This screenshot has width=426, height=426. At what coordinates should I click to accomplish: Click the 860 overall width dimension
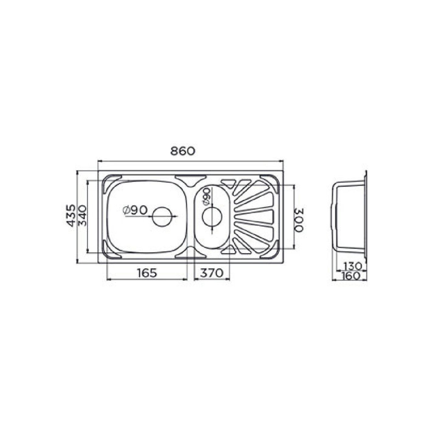pos(183,151)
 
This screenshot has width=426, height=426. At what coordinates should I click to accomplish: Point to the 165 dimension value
pos(147,273)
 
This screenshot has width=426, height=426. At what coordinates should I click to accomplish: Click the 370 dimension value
pos(211,273)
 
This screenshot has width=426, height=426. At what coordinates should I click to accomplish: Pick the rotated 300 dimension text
pos(299,220)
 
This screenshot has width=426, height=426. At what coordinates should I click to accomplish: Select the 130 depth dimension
pos(352,266)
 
